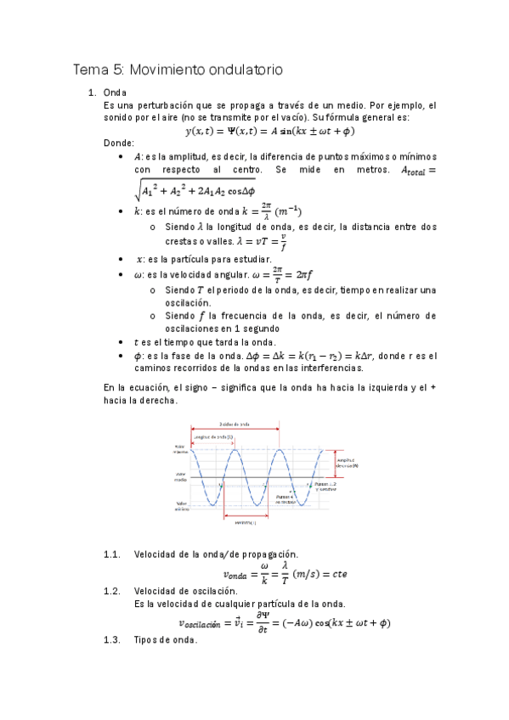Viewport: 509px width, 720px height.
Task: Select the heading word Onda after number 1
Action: tap(115, 93)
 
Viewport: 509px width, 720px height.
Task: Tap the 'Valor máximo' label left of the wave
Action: tap(182, 450)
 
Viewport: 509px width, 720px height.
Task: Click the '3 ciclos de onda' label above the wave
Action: tap(234, 425)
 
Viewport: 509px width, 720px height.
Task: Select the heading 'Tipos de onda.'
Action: tap(166, 640)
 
